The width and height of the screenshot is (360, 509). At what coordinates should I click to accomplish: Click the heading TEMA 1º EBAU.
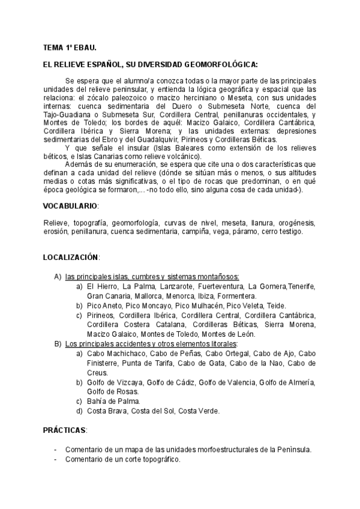70,46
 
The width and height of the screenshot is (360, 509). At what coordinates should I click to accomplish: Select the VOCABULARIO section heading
70,206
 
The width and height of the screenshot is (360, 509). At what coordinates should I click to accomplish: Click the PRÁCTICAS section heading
65,431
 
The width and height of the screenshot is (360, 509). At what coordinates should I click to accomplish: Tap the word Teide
277,306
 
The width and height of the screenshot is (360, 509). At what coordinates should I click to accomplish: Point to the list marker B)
58,344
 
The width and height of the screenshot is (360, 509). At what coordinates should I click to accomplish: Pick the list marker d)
79,411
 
